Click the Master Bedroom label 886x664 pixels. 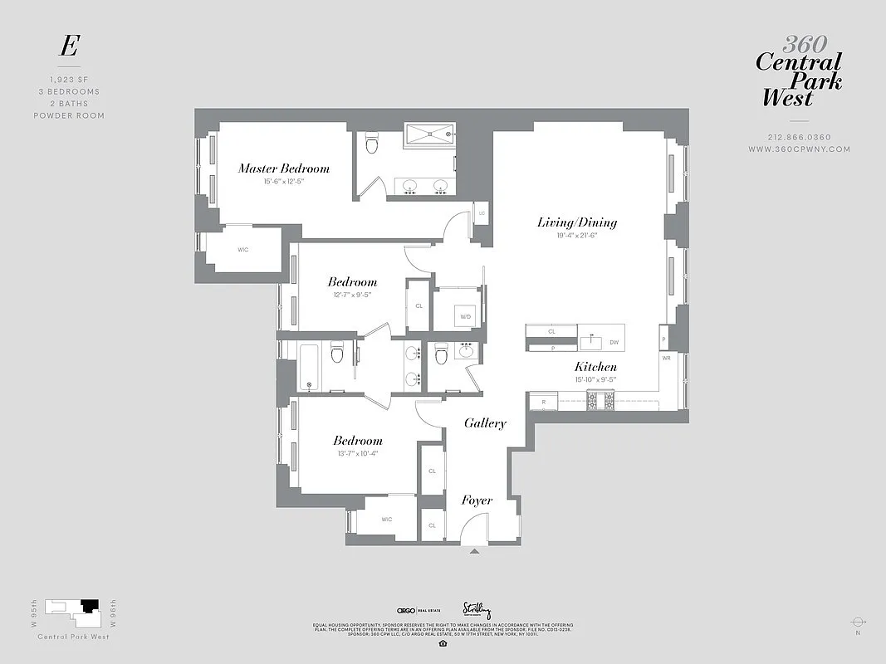284,168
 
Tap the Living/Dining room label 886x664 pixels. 576,222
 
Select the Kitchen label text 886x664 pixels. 595,367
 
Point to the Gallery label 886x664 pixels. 485,423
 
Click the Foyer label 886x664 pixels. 477,500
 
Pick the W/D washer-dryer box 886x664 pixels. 464,315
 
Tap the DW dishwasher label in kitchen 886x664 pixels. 614,341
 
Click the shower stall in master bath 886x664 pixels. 430,134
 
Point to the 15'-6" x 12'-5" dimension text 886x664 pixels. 284,182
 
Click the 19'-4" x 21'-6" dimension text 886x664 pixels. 576,236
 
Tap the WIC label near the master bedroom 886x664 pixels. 242,250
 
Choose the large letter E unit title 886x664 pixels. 68,47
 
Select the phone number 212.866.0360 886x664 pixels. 799,138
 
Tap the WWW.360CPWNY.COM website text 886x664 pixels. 799,149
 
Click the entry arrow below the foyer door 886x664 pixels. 474,550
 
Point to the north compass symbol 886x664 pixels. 859,622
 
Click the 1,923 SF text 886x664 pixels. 69,80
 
